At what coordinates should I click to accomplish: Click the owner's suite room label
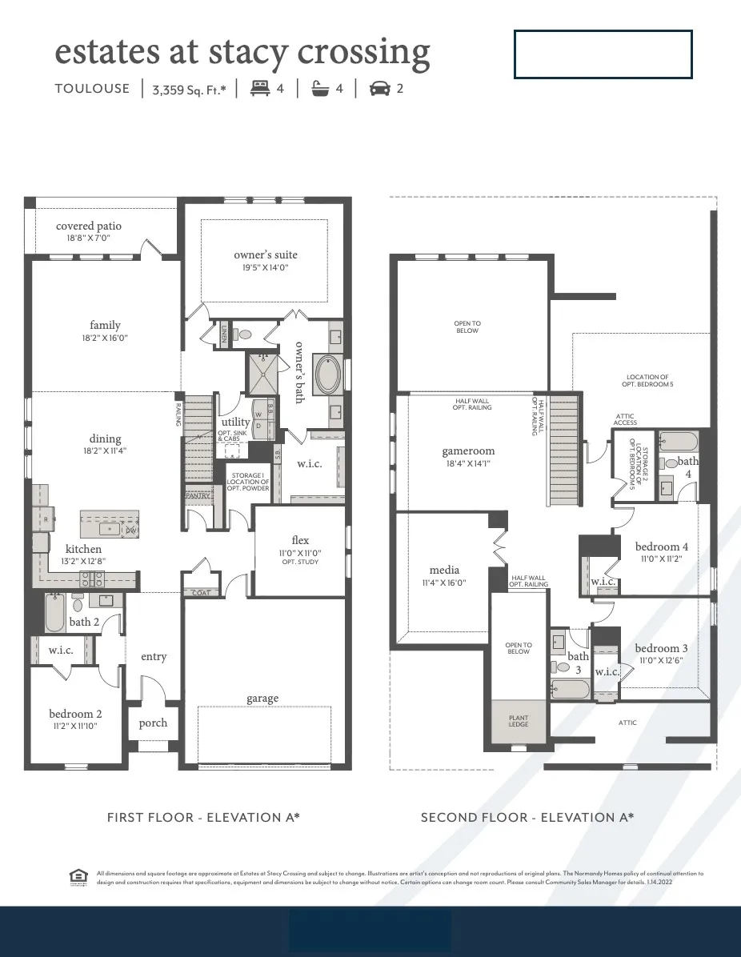coord(265,254)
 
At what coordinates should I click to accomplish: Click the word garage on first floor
coord(262,699)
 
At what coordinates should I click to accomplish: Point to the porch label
coord(153,723)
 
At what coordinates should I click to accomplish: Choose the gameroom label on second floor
coord(468,450)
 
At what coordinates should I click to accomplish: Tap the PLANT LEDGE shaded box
coord(518,721)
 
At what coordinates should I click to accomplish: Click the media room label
coord(444,570)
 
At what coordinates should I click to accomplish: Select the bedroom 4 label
coord(661,547)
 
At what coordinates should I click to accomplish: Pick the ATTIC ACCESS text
coord(626,419)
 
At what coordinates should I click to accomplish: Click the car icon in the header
coord(379,89)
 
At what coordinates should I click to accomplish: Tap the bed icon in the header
coord(259,89)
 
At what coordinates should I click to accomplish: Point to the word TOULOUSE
coord(92,89)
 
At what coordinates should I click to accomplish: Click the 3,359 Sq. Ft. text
coord(189,90)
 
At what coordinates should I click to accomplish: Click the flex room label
coord(300,541)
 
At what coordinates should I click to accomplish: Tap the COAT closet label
coord(200,593)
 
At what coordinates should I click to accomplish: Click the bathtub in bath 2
coord(54,615)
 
